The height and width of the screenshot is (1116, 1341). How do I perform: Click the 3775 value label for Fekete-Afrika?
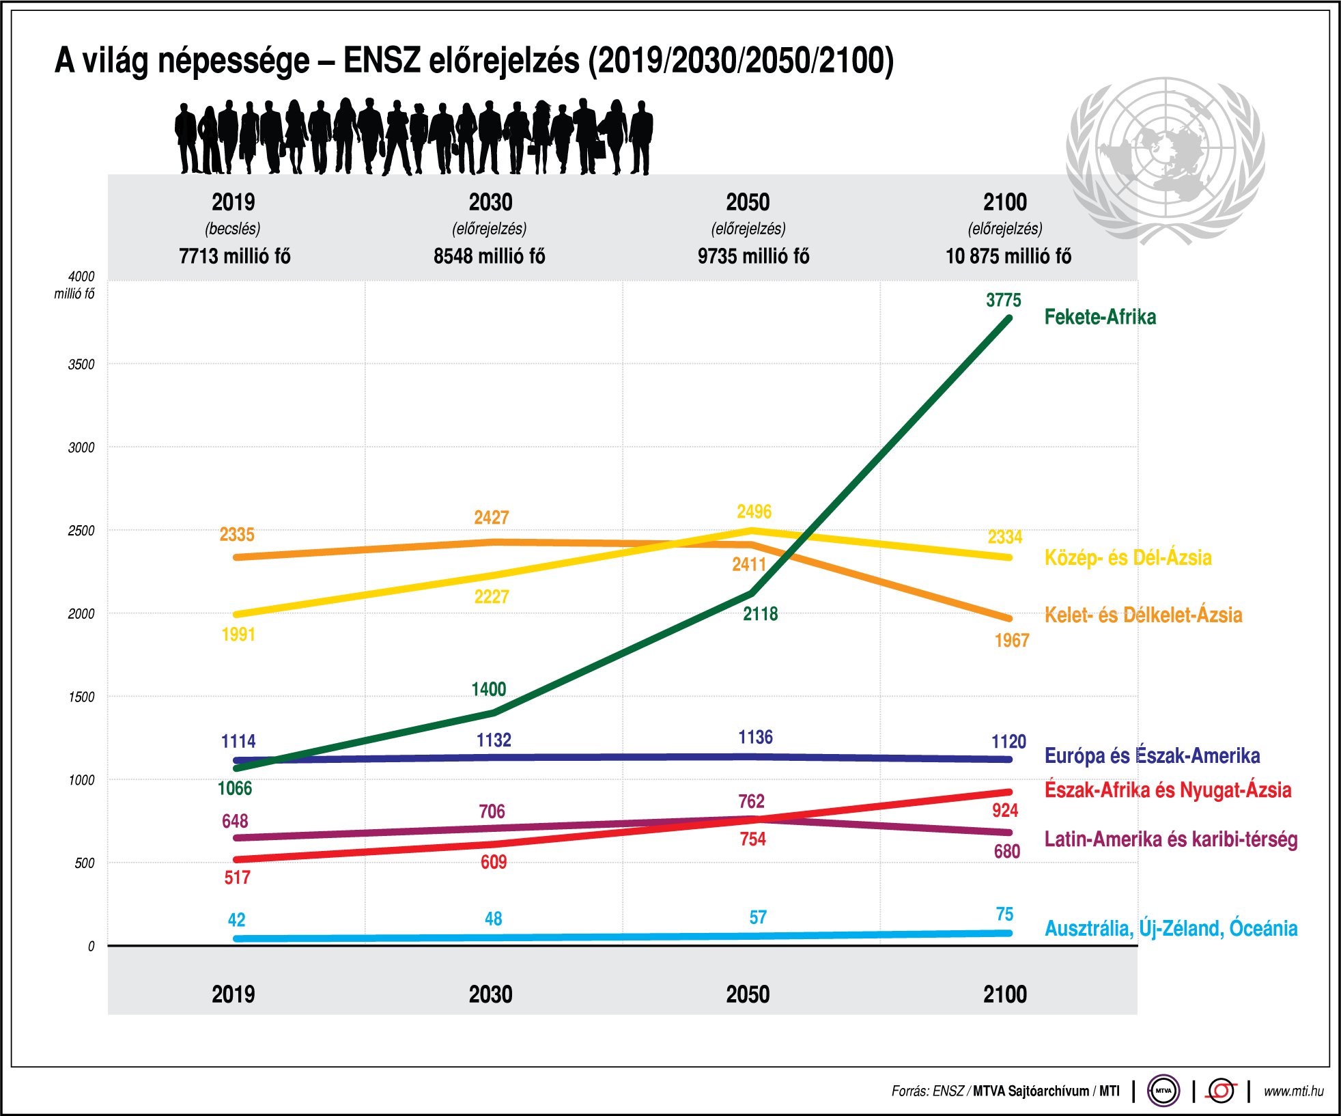pyautogui.click(x=1003, y=301)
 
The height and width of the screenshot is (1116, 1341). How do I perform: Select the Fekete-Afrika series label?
pyautogui.click(x=1100, y=317)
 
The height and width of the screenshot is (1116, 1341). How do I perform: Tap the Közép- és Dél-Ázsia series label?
pyautogui.click(x=1128, y=557)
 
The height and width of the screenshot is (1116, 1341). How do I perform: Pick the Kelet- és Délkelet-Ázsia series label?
pyautogui.click(x=1143, y=615)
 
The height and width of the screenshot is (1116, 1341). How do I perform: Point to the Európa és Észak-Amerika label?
pyautogui.click(x=1152, y=755)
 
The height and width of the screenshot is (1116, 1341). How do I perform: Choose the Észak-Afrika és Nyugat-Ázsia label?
pyautogui.click(x=1168, y=790)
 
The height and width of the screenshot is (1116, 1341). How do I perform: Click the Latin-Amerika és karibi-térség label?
pyautogui.click(x=1170, y=839)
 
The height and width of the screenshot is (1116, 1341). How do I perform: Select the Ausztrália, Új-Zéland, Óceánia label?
pyautogui.click(x=1170, y=928)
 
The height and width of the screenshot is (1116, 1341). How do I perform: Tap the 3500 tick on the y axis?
pyautogui.click(x=81, y=365)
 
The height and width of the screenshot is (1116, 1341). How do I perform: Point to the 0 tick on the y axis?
pyautogui.click(x=91, y=947)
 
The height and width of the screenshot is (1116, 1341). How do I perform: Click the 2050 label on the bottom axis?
pyautogui.click(x=748, y=994)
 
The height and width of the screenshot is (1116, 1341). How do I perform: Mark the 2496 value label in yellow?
pyautogui.click(x=754, y=512)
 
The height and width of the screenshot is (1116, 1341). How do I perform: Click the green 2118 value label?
pyautogui.click(x=760, y=614)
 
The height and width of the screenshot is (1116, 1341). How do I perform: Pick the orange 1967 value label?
pyautogui.click(x=1011, y=641)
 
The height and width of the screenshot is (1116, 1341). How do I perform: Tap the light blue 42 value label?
pyautogui.click(x=236, y=920)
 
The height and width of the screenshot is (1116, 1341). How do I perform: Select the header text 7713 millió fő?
pyautogui.click(x=234, y=256)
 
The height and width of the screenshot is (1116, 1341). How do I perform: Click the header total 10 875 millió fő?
pyautogui.click(x=1008, y=256)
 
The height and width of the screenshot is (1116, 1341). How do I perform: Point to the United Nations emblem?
pyautogui.click(x=1166, y=160)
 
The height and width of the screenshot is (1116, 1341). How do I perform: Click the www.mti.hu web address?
pyautogui.click(x=1293, y=1091)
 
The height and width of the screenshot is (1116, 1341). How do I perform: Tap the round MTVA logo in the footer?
pyautogui.click(x=1163, y=1091)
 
